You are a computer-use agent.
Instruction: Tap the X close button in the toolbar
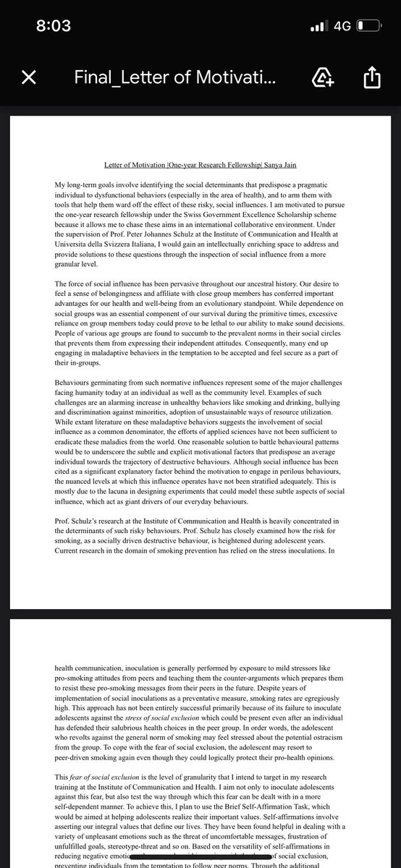pos(28,77)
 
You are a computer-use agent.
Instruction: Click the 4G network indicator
pos(342,26)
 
